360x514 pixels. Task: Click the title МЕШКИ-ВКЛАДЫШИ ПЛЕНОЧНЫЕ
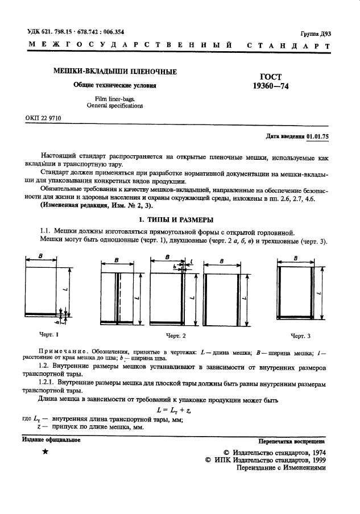pos(114,72)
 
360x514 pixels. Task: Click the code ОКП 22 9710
pos(43,118)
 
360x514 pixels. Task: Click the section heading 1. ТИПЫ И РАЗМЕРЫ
pos(180,219)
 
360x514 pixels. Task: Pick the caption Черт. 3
pos(301,336)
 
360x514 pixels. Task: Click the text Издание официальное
pos(51,440)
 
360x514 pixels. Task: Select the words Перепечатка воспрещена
pos(291,440)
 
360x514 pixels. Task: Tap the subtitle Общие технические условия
pos(114,85)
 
